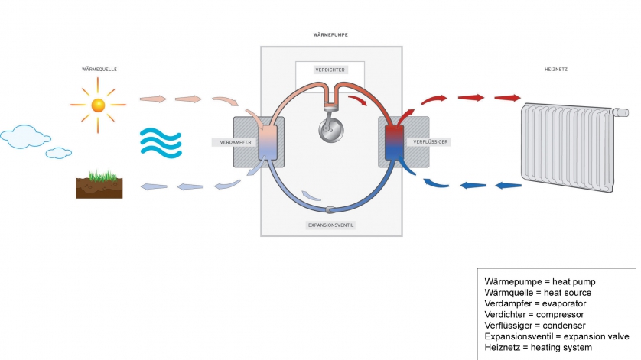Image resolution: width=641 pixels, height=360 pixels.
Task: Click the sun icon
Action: (x=97, y=104)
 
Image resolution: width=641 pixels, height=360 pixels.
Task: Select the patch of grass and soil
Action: (x=99, y=186)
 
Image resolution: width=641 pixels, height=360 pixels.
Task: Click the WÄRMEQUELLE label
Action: (x=99, y=70)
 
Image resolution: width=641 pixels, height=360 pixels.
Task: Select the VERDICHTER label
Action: (x=330, y=70)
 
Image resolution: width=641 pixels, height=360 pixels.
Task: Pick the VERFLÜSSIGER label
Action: (x=430, y=142)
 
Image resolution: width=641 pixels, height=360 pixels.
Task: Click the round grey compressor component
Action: (x=330, y=129)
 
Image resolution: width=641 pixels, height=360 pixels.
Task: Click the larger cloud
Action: (x=22, y=137)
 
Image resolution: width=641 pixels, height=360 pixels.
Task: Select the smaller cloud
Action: (x=58, y=153)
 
